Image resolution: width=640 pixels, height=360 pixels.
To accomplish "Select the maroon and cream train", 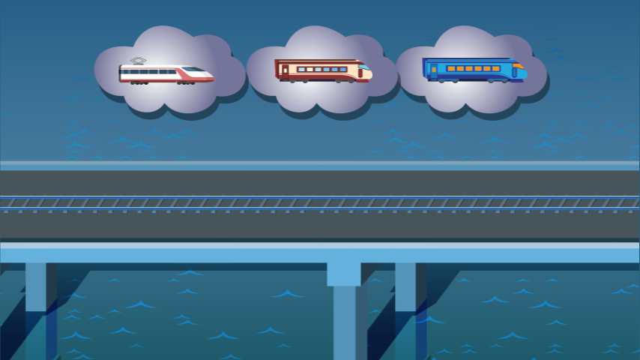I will click(x=322, y=70).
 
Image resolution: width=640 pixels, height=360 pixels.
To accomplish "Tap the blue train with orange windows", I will click(x=474, y=70).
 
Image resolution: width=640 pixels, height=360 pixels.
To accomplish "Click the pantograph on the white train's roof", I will click(x=137, y=61).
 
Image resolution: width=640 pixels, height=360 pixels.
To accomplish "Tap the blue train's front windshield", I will click(x=518, y=66).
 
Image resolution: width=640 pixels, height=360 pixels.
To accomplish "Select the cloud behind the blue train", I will click(x=472, y=97).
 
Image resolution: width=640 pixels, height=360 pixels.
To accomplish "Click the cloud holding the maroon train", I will click(x=322, y=97).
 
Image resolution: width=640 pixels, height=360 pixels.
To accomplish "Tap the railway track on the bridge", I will click(x=320, y=202).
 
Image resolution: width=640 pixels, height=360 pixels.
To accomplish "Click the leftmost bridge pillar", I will click(x=36, y=307).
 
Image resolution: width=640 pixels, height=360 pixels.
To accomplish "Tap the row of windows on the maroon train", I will click(x=321, y=69).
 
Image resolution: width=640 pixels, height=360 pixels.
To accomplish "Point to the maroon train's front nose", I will click(x=367, y=73).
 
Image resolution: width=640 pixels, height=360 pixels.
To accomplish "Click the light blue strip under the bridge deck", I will click(x=320, y=256).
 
